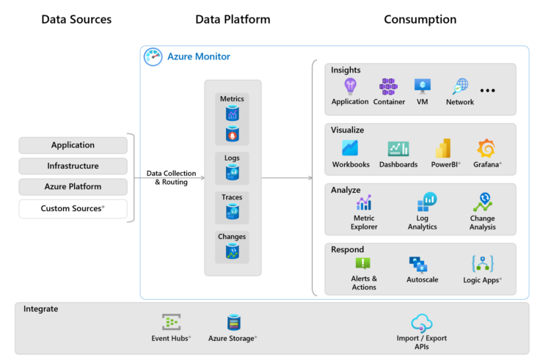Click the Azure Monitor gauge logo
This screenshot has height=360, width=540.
pos(153,57)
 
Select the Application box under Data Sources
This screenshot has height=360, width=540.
pos(73,145)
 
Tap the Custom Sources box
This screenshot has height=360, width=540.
pos(73,209)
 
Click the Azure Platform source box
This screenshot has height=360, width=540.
pos(73,187)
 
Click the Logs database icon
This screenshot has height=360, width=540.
pos(232,172)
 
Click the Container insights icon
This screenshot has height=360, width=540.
pos(388,87)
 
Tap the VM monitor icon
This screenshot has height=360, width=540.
pos(423,87)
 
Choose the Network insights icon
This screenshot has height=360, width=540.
pos(460,87)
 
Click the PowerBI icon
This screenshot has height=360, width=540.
pos(442,149)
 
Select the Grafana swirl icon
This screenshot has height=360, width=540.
pos(486,149)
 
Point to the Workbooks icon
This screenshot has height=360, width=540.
pos(350,148)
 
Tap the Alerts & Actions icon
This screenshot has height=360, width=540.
pos(363,263)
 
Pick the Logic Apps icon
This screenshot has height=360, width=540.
pos(483,264)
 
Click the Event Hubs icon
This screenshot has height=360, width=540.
pos(172,322)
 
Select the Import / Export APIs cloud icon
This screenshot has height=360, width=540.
pos(421,323)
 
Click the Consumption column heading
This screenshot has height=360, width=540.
pos(420,20)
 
